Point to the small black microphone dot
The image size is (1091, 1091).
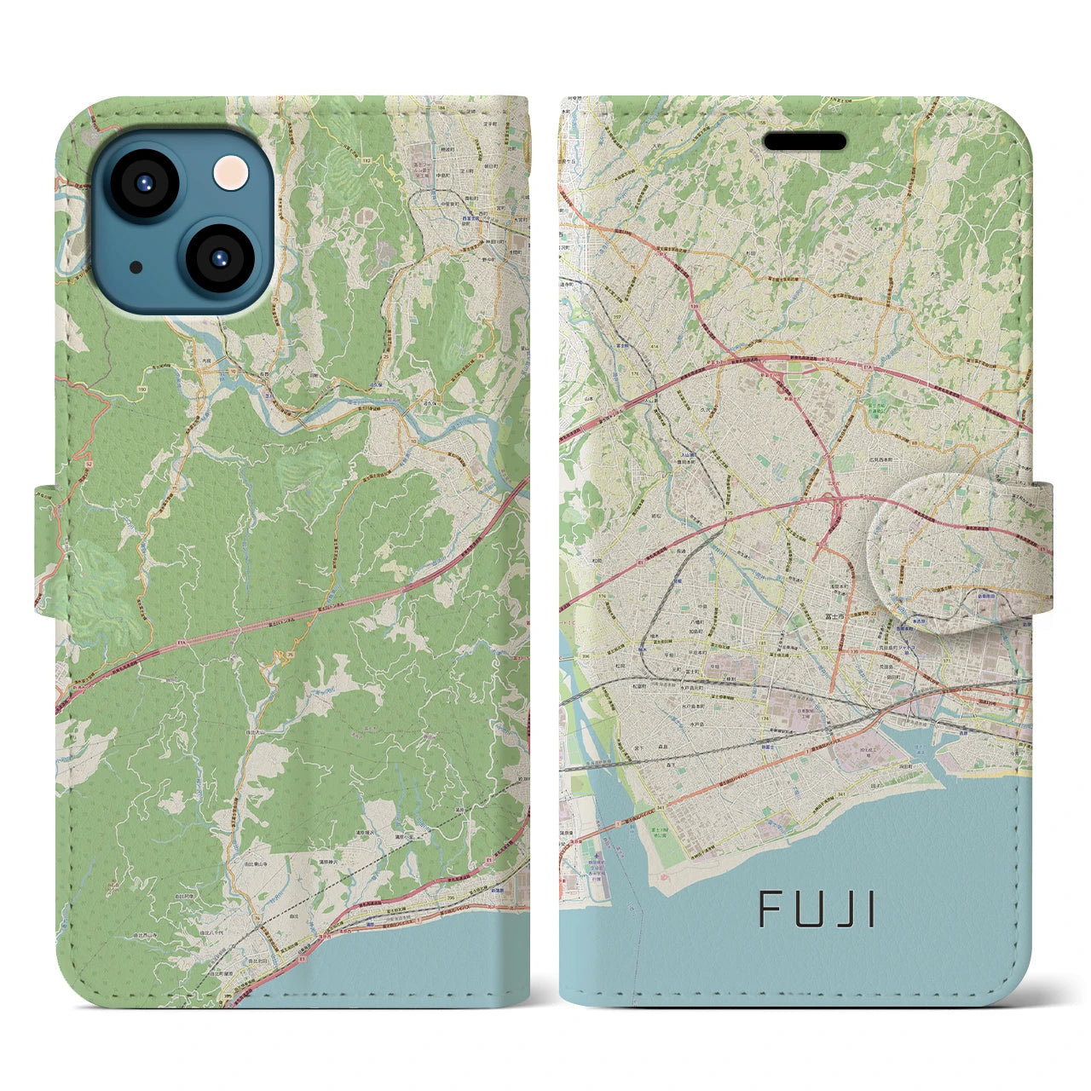137,267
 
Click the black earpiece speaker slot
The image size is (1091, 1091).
804,141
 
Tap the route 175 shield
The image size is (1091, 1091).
730,513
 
